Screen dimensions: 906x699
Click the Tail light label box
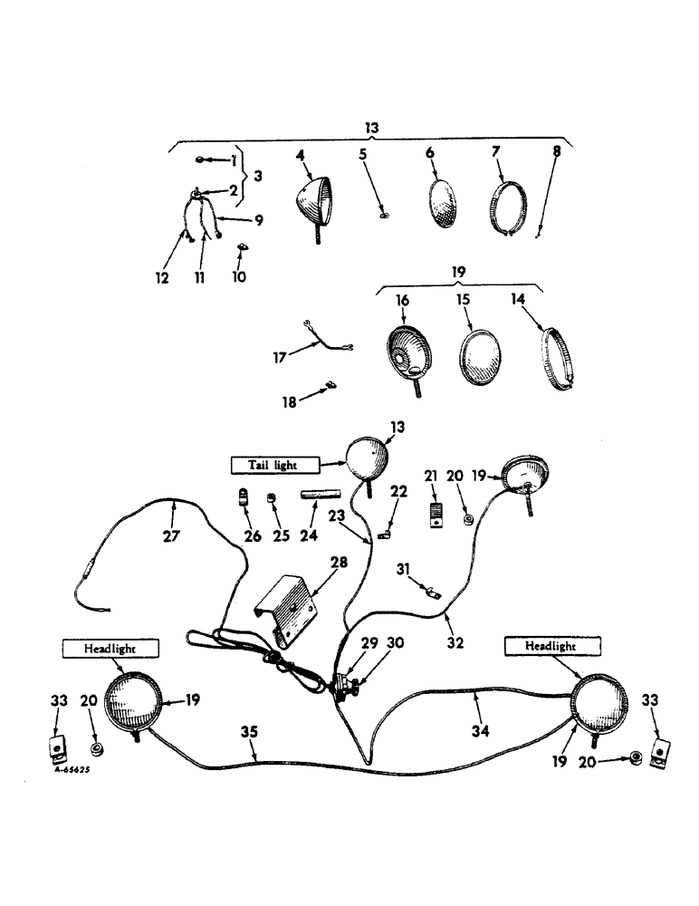(275, 464)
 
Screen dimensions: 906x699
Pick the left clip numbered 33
(57, 749)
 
